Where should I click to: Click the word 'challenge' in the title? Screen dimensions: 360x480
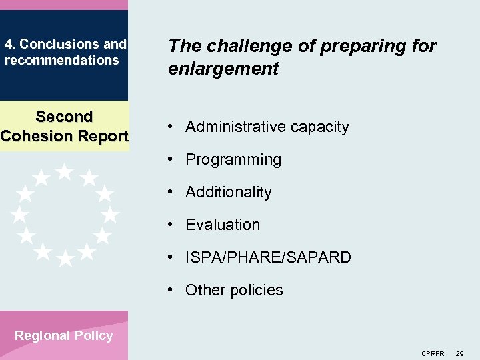[242, 46]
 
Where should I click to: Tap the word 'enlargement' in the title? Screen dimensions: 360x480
[223, 69]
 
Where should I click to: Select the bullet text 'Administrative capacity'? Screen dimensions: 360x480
[267, 127]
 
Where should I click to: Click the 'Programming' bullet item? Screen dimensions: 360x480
[233, 159]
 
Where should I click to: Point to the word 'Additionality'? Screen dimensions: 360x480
[228, 192]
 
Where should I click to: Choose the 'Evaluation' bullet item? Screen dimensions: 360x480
[223, 225]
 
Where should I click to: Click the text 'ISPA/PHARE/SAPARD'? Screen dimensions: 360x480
[268, 257]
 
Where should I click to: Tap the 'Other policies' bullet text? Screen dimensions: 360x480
[234, 290]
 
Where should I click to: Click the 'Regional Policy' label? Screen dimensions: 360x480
[64, 335]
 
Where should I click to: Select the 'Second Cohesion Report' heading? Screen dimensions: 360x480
[64, 126]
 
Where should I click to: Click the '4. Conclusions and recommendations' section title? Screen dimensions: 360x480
[65, 52]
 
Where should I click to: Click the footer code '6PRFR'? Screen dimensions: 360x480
[433, 353]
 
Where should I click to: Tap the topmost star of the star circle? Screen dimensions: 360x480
[65, 172]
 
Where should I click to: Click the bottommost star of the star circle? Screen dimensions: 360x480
[65, 259]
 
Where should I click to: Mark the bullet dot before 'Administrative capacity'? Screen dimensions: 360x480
[172, 127]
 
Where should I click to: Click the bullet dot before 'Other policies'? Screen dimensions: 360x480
[172, 290]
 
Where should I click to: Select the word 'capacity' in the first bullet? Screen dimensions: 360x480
[320, 127]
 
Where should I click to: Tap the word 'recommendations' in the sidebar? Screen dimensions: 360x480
[61, 60]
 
